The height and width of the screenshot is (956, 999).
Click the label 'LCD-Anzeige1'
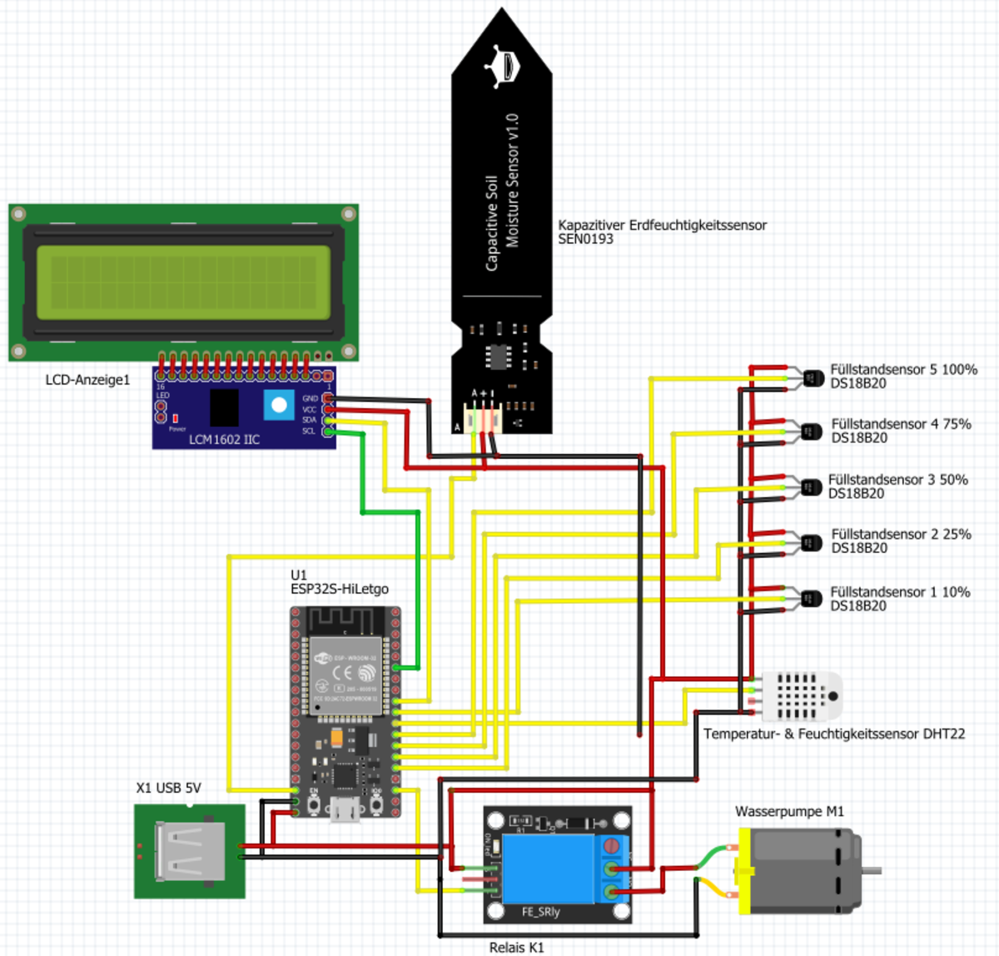(87, 380)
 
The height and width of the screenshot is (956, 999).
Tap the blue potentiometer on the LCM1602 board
(279, 406)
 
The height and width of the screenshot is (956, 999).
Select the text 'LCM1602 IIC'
(224, 439)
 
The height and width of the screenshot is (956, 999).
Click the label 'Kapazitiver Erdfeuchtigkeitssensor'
(662, 225)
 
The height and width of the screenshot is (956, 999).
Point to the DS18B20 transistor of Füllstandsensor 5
(811, 378)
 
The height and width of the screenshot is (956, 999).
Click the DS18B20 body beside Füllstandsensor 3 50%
(811, 487)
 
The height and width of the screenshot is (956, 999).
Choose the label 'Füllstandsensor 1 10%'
(900, 592)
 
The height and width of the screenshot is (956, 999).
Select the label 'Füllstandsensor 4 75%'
(901, 424)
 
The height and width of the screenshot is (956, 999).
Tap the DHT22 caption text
(834, 734)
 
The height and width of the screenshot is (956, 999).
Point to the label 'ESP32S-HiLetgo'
(340, 589)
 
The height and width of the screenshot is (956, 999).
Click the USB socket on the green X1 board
(190, 851)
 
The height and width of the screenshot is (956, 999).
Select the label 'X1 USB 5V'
(168, 788)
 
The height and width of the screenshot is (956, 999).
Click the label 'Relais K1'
(516, 947)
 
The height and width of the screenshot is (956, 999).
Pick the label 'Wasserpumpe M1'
(789, 811)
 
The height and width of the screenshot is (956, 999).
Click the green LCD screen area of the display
(183, 282)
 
